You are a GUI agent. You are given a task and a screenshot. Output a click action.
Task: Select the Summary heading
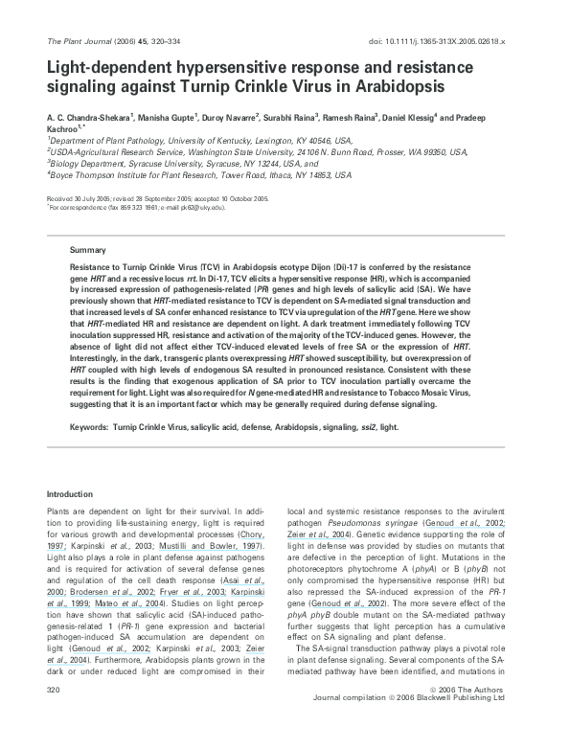pyautogui.click(x=88, y=248)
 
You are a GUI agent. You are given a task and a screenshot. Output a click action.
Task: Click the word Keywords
pyautogui.click(x=89, y=431)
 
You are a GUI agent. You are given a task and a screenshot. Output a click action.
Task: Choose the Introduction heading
pyautogui.click(x=70, y=494)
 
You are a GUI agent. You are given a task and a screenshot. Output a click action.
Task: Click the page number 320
pyautogui.click(x=54, y=715)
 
